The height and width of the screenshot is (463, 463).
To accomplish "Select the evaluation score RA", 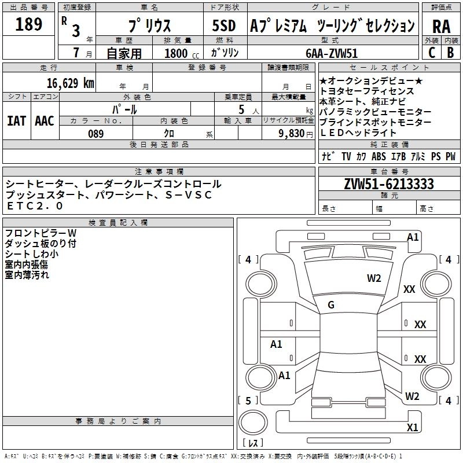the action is (x=441, y=27).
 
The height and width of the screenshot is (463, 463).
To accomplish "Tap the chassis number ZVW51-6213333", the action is (x=389, y=185).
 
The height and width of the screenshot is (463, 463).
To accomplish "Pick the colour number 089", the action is (x=96, y=134).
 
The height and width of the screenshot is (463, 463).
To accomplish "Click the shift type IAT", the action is (x=16, y=120).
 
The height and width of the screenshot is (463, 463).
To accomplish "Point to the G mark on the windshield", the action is (x=331, y=305).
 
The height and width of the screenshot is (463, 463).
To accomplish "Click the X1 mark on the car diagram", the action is (x=413, y=428).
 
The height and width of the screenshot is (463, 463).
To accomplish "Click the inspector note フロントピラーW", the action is (x=41, y=233).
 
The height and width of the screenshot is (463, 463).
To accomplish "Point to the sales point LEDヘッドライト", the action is (x=366, y=133).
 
